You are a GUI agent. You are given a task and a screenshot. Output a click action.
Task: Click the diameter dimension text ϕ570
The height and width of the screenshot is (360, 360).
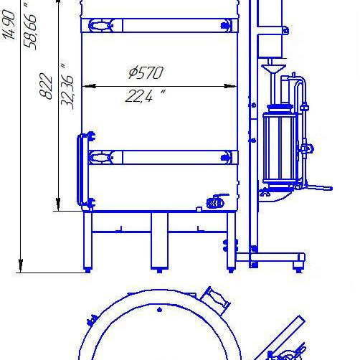pos(146,72)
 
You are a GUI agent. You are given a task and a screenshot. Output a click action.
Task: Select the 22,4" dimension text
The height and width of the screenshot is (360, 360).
pos(146,96)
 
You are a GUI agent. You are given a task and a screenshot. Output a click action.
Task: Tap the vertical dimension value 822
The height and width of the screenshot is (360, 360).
pos(46,86)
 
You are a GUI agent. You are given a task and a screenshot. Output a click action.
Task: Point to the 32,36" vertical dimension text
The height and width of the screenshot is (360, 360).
pos(67,87)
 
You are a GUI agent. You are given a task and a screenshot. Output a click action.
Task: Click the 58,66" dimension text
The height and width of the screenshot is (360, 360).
pos(30,27)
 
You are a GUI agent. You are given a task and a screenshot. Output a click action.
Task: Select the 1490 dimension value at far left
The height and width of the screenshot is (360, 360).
pos(9,24)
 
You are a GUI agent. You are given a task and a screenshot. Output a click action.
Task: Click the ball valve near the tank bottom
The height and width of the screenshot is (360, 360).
pos(217,202)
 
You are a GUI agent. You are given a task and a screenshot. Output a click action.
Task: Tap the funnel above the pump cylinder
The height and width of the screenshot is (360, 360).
pos(273,70)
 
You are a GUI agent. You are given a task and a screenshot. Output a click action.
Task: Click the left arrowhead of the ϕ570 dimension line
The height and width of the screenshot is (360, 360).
pos(89,86)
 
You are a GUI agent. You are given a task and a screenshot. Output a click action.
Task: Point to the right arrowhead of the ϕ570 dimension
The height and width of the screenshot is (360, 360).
pos(230,86)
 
